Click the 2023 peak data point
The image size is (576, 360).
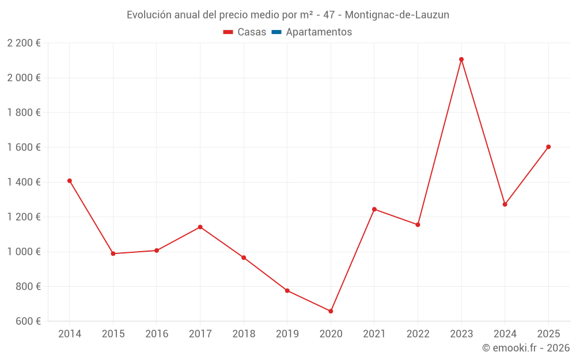pyautogui.click(x=461, y=59)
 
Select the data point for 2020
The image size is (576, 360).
pyautogui.click(x=331, y=311)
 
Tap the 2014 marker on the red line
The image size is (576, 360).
pyautogui.click(x=70, y=181)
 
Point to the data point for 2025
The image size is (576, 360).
pyautogui.click(x=548, y=147)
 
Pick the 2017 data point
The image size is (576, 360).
pyautogui.click(x=200, y=227)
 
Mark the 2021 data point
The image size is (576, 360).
pyautogui.click(x=374, y=209)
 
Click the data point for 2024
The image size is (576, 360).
pyautogui.click(x=505, y=204)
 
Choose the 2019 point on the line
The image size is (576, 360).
pyautogui.click(x=287, y=290)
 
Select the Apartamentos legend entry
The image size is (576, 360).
pyautogui.click(x=319, y=32)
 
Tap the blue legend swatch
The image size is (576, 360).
pyautogui.click(x=276, y=32)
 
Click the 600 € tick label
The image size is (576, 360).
pyautogui.click(x=28, y=321)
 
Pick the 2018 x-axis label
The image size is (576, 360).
pyautogui.click(x=244, y=334)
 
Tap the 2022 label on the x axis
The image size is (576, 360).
pyautogui.click(x=418, y=334)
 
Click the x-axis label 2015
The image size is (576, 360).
pyautogui.click(x=113, y=334)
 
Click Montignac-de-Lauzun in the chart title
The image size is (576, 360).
pyautogui.click(x=397, y=15)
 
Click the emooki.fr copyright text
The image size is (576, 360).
pyautogui.click(x=526, y=348)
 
